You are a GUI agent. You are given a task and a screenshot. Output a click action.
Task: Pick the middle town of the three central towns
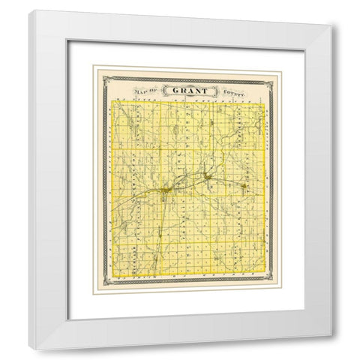tap(207, 177)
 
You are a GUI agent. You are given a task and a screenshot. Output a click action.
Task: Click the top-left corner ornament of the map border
tap(94, 70)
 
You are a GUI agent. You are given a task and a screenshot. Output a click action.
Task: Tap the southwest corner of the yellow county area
tap(112, 277)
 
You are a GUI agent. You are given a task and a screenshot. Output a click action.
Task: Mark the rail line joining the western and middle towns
tap(186, 184)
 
